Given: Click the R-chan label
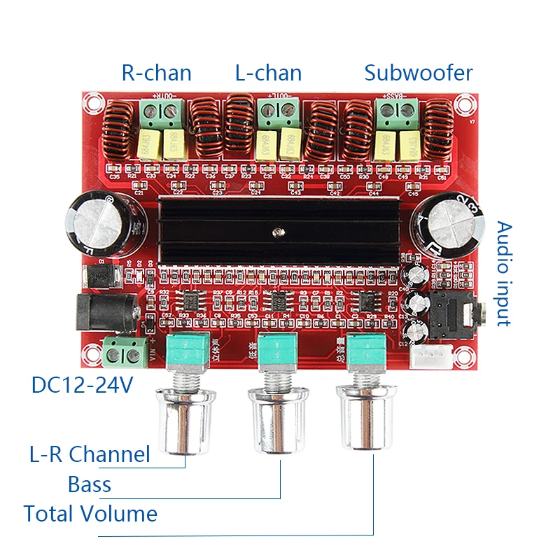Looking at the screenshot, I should pyautogui.click(x=156, y=73).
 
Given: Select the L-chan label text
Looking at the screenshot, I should pyautogui.click(x=268, y=73).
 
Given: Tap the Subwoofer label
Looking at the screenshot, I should pyautogui.click(x=419, y=73).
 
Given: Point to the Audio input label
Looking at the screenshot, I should pyautogui.click(x=504, y=274).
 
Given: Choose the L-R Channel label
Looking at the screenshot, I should pyautogui.click(x=89, y=454).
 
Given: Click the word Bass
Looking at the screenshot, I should pyautogui.click(x=90, y=484).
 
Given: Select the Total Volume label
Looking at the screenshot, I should pyautogui.click(x=90, y=514).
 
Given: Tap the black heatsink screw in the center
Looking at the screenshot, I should pyautogui.click(x=279, y=230).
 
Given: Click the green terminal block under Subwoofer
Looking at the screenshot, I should pyautogui.click(x=397, y=110).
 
